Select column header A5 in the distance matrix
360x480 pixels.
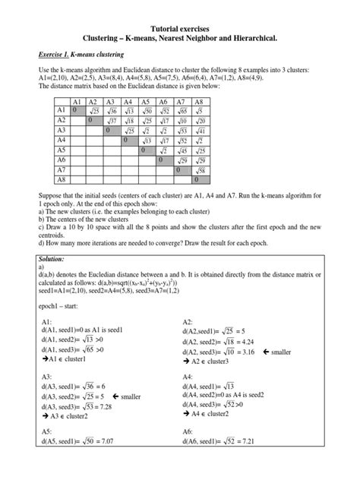tap(145, 100)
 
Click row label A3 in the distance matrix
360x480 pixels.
tap(62, 130)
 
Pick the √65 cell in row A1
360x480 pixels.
tap(182, 110)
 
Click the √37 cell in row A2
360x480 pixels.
tap(110, 120)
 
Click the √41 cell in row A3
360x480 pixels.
tap(200, 130)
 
